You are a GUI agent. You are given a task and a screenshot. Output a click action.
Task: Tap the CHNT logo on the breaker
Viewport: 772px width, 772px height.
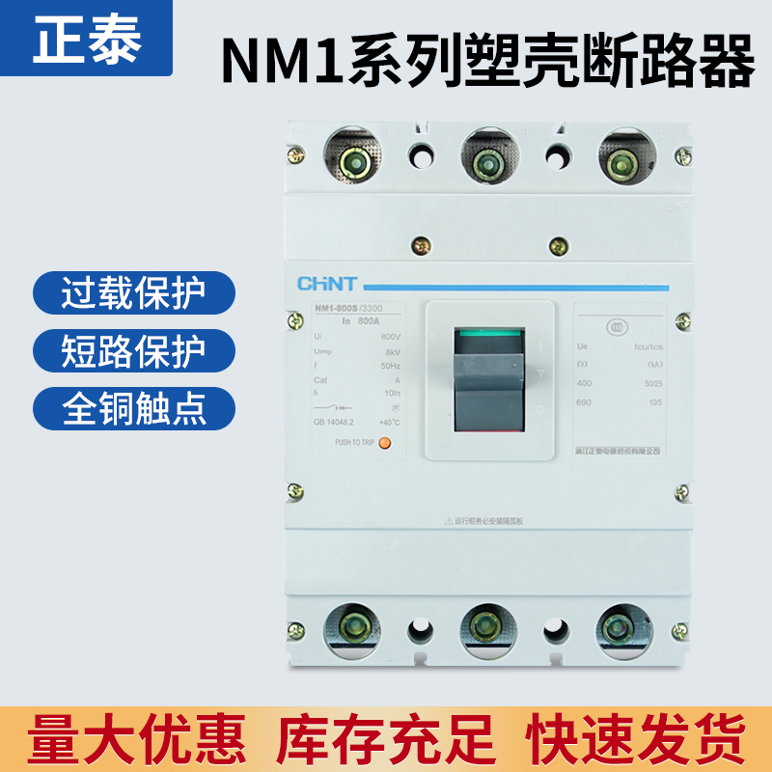click(326, 284)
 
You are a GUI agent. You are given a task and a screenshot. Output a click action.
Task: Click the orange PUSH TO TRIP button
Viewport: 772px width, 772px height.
click(384, 443)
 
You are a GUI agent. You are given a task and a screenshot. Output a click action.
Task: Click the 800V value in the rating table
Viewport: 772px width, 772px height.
click(391, 335)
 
